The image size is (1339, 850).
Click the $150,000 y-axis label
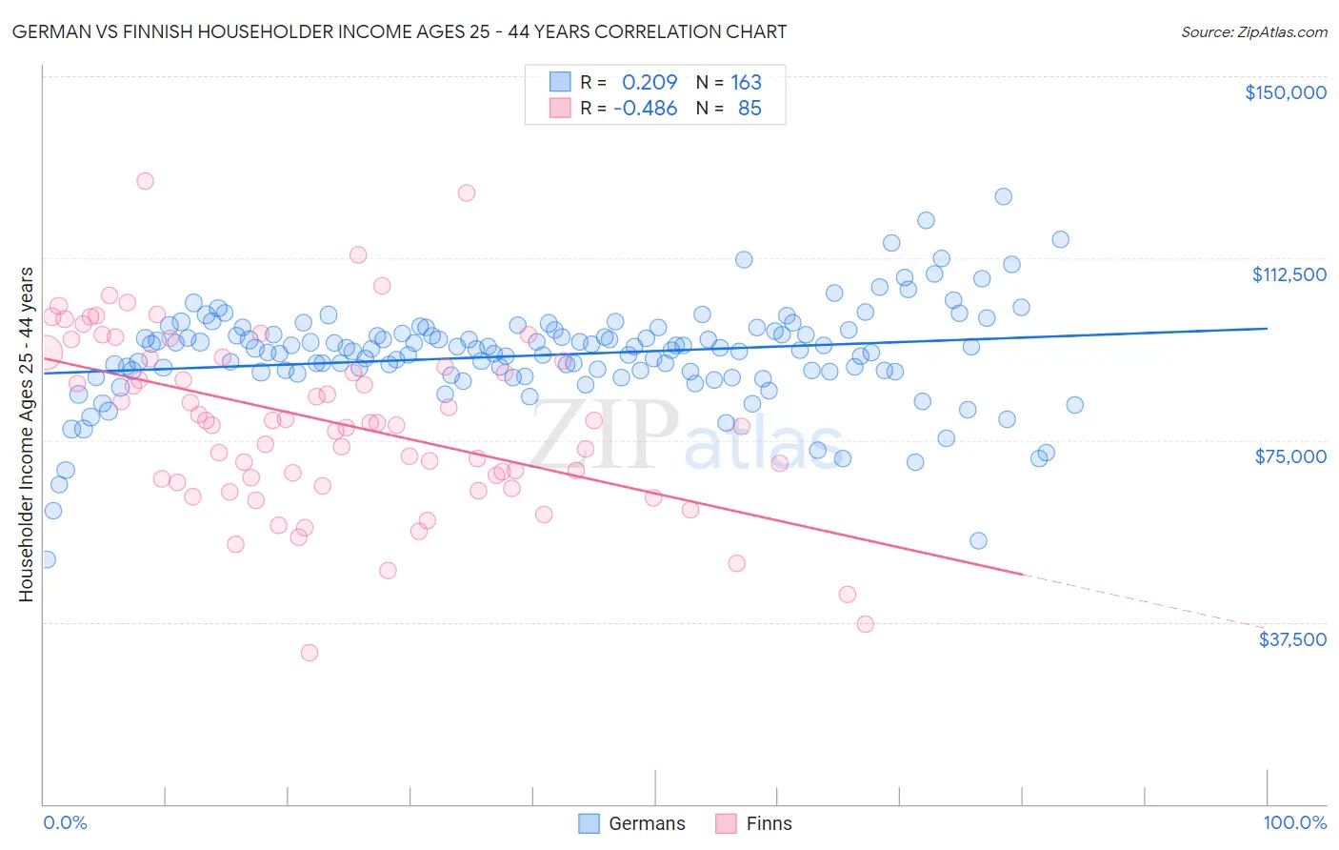point(1285,92)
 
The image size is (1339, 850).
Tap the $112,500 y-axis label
point(1289,274)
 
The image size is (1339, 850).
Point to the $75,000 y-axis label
point(1290,456)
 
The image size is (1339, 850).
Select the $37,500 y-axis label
point(1292,639)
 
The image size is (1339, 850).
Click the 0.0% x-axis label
point(65,822)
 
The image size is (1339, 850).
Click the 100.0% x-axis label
point(1294,822)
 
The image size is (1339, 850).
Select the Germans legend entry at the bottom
point(632,823)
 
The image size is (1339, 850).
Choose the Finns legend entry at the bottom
point(753,823)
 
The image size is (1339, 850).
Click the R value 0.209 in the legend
point(650,82)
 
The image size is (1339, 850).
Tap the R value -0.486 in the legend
point(645,108)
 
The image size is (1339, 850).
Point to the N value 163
point(746,82)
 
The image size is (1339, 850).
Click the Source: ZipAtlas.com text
point(1253,31)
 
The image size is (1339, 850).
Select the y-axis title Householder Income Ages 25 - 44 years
point(26,434)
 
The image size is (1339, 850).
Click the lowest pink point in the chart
point(309,653)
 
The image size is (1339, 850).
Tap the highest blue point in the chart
point(1003,196)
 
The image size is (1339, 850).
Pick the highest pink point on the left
point(145,181)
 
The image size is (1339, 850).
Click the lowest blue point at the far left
point(46,559)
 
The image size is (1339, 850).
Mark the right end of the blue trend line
point(1267,328)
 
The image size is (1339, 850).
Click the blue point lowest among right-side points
point(978,540)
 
